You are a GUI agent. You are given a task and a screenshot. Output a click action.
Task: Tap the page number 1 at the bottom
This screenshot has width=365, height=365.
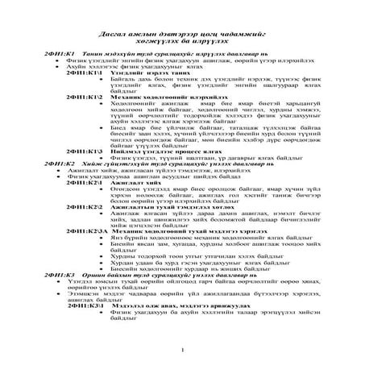pyautogui.click(x=185, y=349)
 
